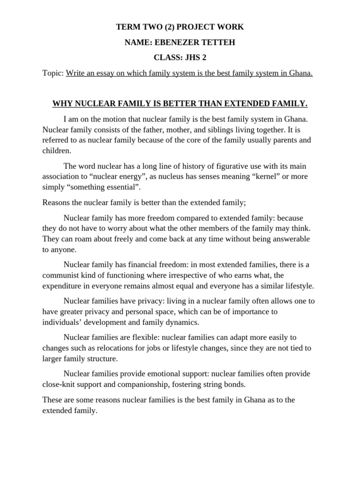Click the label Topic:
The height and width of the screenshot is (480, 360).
pos(53,74)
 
